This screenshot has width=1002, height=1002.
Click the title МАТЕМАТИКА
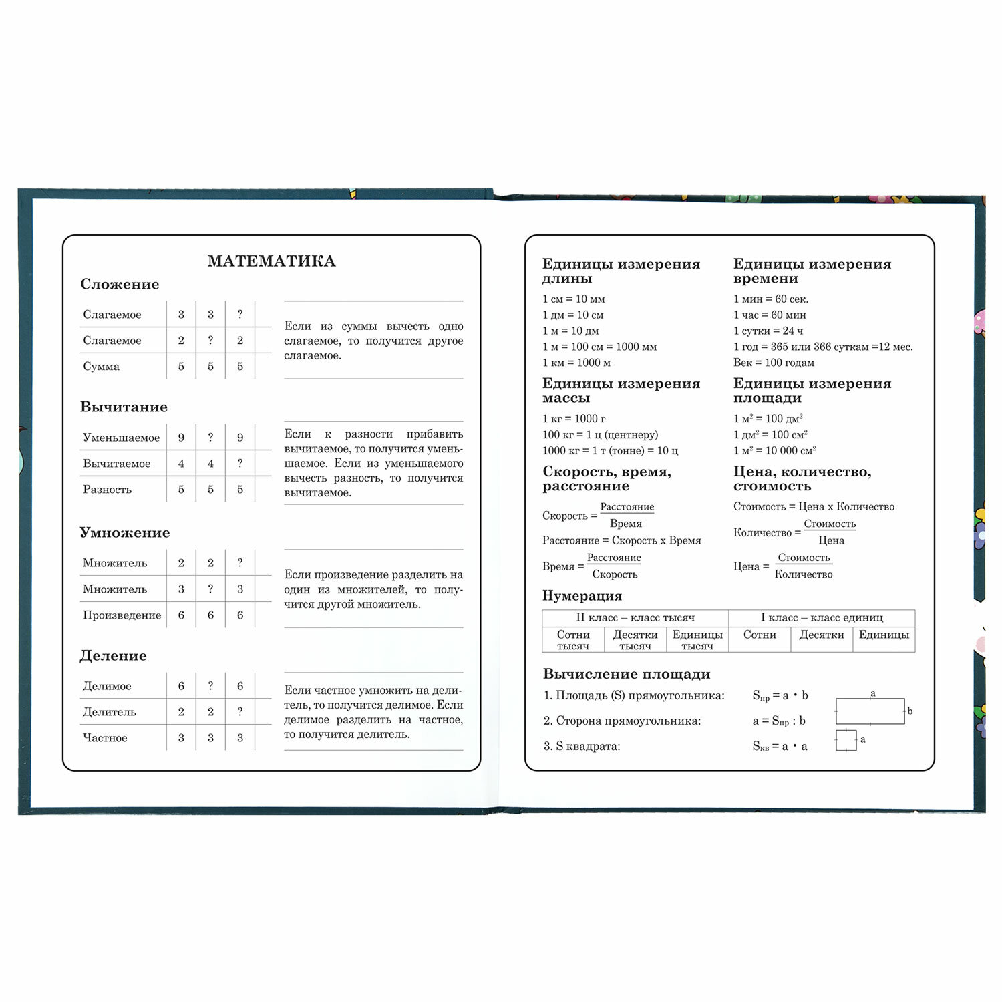pos(271,261)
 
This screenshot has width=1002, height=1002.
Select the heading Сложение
pos(120,284)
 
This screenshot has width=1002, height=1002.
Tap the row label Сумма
pos(101,366)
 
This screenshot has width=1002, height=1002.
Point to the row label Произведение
pos(122,615)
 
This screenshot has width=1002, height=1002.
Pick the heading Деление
pos(113,655)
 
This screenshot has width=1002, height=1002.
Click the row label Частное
pos(104,737)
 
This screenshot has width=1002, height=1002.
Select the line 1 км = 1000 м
pos(576,363)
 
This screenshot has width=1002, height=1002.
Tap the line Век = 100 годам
pos(774,363)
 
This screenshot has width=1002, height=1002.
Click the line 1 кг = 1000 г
pos(574,418)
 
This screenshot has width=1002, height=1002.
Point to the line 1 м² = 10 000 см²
pos(774,450)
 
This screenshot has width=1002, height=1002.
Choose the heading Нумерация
pos(582,595)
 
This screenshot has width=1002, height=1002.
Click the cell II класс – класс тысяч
pos(635,617)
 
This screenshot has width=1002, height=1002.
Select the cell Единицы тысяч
pos(697,640)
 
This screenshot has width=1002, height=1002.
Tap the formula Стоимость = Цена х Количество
pos(813,506)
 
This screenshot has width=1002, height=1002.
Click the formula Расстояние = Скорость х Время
pos(621,540)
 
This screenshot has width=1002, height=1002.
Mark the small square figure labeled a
pos(846,740)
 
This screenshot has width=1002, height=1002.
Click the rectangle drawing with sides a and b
pos(870,711)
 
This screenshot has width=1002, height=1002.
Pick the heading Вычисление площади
pos(626,674)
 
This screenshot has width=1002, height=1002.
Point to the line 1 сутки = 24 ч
pos(768,331)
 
